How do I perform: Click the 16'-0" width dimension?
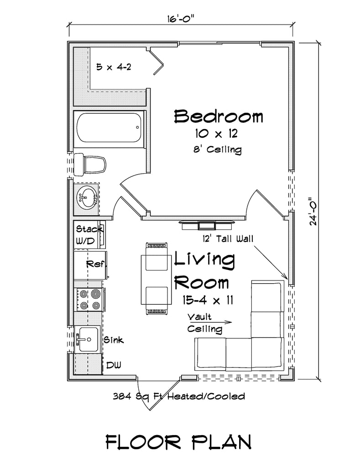coord(180,19)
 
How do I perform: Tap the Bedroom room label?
coord(219,116)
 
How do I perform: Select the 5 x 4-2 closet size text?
coord(114,67)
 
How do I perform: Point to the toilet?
coord(90,164)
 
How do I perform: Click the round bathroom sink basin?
coord(87,197)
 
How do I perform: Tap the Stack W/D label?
coord(89,235)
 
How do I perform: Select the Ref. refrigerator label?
coord(96,264)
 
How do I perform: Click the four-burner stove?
coord(89,300)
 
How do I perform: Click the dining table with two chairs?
coord(157,279)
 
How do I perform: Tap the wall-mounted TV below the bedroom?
coord(207,225)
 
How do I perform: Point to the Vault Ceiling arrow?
coord(210,322)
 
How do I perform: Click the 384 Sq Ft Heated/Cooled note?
coord(179,396)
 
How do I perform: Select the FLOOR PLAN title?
coord(179,442)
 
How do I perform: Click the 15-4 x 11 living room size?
coord(208,300)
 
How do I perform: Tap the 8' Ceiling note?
coord(217,149)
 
